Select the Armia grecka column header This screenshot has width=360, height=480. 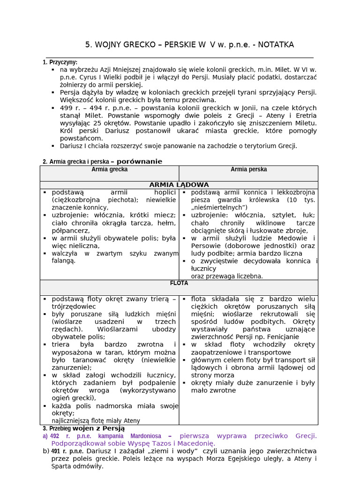coord(109,169)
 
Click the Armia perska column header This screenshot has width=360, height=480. coord(248,169)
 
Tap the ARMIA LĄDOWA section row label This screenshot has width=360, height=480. coord(179,185)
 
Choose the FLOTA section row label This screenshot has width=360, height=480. coord(179,283)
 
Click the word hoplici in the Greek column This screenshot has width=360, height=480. coord(165,192)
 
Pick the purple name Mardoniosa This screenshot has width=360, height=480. coord(137,435)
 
